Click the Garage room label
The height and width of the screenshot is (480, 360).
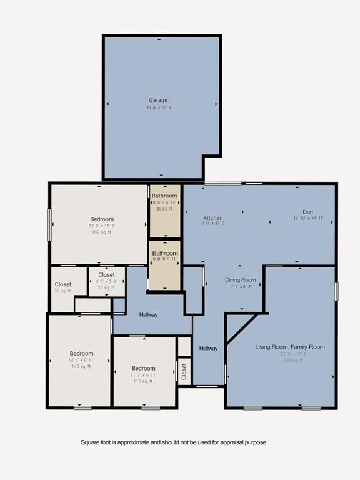[157, 100]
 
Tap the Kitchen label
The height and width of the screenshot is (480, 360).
[212, 217]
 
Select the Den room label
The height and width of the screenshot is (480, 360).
[304, 212]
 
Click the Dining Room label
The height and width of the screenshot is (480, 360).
[241, 280]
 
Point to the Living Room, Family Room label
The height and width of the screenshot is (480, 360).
[290, 347]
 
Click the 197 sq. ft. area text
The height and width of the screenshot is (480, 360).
[102, 232]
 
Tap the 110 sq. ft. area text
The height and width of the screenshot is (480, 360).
[144, 381]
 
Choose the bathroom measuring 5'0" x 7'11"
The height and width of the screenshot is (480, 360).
[165, 258]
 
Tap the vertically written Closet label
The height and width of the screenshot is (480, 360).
[184, 371]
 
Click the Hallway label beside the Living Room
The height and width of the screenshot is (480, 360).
[209, 348]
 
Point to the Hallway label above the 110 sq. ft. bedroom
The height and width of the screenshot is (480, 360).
[149, 315]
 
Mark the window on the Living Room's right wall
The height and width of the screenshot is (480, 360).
[336, 291]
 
